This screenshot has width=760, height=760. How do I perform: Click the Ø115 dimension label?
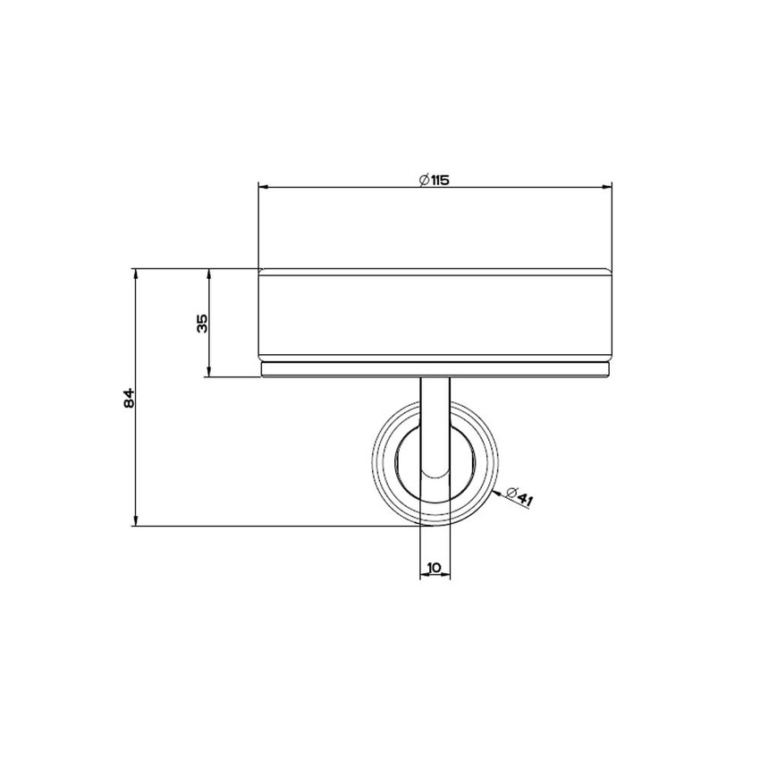click(435, 180)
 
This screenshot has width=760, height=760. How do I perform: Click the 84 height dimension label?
click(129, 398)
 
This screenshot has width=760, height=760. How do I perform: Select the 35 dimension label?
click(202, 324)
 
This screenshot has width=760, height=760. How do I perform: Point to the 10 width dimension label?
click(435, 567)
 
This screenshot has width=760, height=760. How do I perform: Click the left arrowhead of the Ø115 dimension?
click(263, 187)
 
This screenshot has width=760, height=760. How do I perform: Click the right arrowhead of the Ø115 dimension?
click(607, 187)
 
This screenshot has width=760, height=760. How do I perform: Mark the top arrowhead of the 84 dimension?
click(136, 274)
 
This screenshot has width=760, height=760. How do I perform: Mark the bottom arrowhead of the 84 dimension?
click(136, 520)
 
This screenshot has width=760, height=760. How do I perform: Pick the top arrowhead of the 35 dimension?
click(209, 274)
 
